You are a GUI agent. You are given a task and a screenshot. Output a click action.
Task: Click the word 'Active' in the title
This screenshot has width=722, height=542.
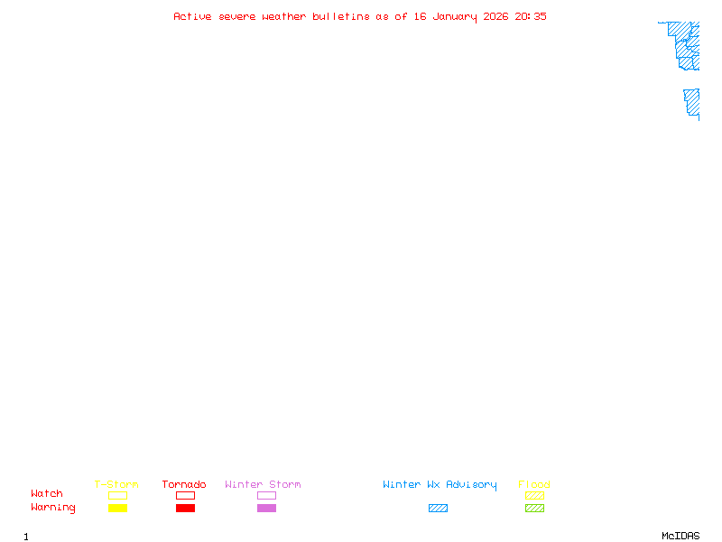[x=192, y=16]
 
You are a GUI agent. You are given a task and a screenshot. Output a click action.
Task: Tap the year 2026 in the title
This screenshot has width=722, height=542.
[x=495, y=16]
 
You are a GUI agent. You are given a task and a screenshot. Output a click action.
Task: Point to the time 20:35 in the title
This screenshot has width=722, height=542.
[x=531, y=16]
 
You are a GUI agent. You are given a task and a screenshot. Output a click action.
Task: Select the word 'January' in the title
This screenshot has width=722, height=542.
[x=455, y=17]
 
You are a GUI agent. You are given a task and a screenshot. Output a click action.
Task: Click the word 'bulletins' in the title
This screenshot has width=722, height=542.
[x=341, y=16]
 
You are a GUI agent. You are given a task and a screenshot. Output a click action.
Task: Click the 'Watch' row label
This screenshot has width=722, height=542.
[x=47, y=493]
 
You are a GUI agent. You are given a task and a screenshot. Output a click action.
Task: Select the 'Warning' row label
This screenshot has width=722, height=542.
[x=53, y=508]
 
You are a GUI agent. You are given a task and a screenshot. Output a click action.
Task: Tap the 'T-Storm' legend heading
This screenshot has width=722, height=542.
[x=116, y=484]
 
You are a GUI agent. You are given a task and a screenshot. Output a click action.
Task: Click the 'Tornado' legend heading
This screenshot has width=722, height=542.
[x=184, y=484]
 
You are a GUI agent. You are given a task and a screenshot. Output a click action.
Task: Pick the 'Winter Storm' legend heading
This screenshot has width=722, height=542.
[x=263, y=484]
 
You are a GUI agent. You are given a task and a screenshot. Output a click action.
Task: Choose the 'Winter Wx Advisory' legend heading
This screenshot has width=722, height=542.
[x=440, y=485]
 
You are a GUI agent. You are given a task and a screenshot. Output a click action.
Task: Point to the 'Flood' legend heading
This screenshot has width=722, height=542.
[x=534, y=484]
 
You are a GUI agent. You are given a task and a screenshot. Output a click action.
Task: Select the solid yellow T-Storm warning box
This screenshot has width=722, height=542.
[x=118, y=508]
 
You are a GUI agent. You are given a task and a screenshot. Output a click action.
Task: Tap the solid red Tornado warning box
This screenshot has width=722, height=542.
[x=186, y=508]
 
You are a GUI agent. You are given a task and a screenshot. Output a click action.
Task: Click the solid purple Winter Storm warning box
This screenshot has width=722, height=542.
[x=266, y=508]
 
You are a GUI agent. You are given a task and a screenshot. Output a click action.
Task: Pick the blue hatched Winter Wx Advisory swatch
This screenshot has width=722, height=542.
[x=438, y=508]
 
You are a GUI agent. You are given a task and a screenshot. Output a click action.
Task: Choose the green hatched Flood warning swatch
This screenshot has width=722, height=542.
[x=534, y=508]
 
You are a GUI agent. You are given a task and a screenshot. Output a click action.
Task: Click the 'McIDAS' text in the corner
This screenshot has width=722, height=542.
[x=680, y=536]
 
